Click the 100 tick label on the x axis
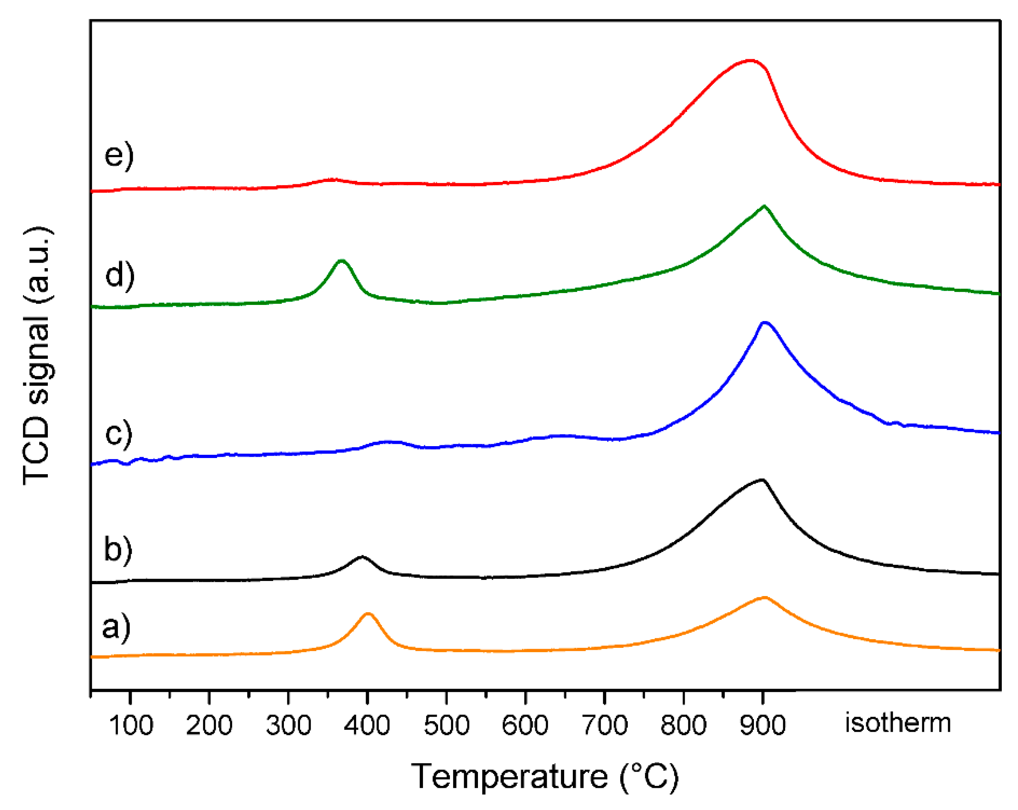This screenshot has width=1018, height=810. pos(131,725)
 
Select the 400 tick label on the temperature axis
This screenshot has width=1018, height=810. pos(367,725)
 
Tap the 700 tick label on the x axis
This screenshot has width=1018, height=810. pos(605,725)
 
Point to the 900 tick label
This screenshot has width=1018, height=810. pos(763,725)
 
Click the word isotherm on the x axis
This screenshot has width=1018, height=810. pos(897,723)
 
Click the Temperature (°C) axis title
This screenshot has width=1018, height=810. pos(544,777)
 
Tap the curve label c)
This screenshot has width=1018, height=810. pos(119,433)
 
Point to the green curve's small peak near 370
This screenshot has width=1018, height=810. pos(342,261)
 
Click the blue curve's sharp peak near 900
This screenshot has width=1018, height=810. pos(765,323)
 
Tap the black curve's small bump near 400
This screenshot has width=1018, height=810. pos(362,557)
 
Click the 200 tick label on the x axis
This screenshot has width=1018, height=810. pos(209,725)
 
